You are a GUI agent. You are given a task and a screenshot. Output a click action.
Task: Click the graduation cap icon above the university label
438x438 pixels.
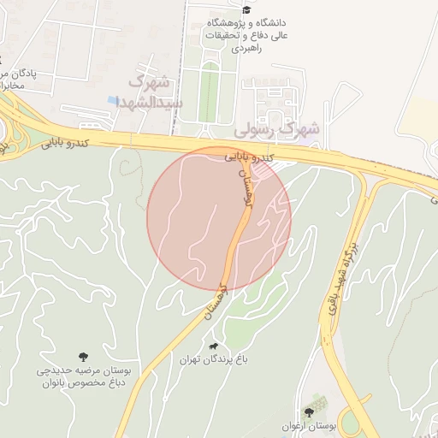(246, 9)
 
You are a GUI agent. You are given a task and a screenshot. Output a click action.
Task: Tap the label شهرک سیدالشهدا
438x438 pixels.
(151, 92)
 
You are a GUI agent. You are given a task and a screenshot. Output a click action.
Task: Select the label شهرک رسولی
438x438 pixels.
(279, 129)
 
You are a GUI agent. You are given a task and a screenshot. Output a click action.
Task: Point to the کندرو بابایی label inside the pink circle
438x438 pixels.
(249, 157)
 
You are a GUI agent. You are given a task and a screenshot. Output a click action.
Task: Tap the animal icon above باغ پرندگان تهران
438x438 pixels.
(212, 346)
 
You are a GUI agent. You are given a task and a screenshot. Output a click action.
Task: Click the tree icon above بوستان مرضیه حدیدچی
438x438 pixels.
(83, 356)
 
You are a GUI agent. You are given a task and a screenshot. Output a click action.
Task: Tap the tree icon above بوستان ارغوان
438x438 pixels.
(309, 411)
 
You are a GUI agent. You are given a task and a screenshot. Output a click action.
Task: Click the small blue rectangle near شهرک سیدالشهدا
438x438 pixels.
(113, 100)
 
